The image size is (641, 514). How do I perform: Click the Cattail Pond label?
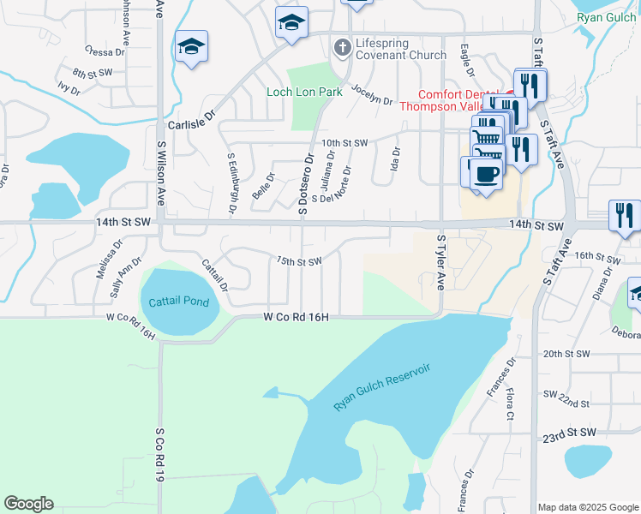pos(178,302)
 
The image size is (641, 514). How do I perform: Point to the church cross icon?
pos(343,48)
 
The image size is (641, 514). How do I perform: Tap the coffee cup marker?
pos(488,174)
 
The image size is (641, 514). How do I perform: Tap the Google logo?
pos(28,504)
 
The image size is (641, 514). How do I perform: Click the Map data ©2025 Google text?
pos(588,507)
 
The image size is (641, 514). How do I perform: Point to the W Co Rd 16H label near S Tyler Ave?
pos(296,317)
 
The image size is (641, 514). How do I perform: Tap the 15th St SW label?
pos(298,260)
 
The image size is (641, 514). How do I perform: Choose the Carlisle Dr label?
pos(190,124)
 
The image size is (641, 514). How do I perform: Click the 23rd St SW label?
pos(566,436)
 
